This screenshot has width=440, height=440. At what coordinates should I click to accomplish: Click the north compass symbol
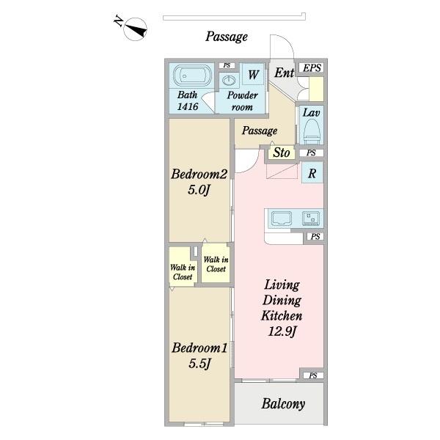click(x=135, y=29)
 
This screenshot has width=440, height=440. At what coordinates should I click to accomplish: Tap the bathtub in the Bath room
click(x=192, y=76)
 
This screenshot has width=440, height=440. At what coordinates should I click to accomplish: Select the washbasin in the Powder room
click(x=229, y=81)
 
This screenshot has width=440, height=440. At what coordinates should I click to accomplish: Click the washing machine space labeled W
click(x=253, y=74)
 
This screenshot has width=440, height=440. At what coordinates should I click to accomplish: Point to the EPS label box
click(x=312, y=68)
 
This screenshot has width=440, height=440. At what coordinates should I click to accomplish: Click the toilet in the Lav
click(x=312, y=131)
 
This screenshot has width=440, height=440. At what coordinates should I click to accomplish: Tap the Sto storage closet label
click(x=282, y=153)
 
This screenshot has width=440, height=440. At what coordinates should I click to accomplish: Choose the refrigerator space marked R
click(x=312, y=173)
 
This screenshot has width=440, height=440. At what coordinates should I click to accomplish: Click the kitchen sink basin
click(x=282, y=219)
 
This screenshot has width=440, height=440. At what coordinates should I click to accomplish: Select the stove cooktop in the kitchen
click(x=311, y=219)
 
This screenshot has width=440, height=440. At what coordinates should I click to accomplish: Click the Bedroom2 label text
click(x=199, y=174)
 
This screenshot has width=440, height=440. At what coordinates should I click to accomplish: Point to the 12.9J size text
click(x=282, y=331)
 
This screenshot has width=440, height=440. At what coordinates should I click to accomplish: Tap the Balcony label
click(x=283, y=404)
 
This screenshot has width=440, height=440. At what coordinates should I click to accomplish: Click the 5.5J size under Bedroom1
click(x=199, y=364)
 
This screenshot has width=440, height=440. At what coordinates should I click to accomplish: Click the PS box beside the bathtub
click(x=227, y=65)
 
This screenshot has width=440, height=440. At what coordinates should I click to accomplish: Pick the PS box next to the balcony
click(x=313, y=375)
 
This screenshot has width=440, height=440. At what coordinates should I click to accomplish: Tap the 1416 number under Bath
click(x=188, y=106)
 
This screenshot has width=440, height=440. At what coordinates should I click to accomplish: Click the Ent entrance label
click(x=284, y=73)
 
